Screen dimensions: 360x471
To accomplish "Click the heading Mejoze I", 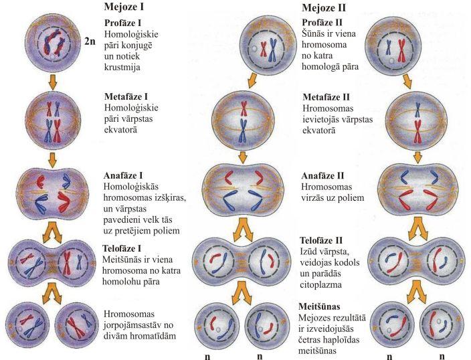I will [124, 9].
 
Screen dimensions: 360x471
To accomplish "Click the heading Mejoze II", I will [323, 9].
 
